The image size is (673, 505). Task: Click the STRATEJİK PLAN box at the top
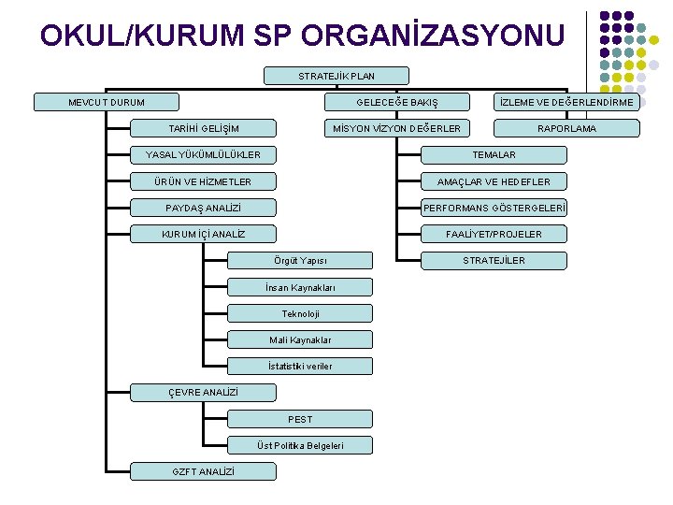[336, 76]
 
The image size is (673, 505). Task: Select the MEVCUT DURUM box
[107, 102]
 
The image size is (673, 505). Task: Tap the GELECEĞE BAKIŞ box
[396, 102]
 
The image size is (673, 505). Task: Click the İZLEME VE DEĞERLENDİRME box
[566, 102]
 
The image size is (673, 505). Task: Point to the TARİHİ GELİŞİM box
[204, 128]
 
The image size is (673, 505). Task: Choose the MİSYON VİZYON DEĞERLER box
[396, 128]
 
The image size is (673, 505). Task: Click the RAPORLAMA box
[566, 128]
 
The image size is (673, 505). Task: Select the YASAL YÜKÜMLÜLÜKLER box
[204, 154]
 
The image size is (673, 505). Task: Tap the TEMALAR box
[494, 154]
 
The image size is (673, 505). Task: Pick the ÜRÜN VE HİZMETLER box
[204, 181]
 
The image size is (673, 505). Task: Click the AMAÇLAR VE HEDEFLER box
[494, 181]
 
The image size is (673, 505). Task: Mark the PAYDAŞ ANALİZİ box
[204, 208]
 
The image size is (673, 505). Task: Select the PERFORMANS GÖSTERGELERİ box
[494, 208]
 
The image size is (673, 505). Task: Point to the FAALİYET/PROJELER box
[494, 234]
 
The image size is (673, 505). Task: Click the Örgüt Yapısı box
[300, 260]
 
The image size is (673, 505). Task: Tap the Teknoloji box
[300, 313]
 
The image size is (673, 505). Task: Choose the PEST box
[300, 419]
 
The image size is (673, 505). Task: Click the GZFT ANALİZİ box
[204, 471]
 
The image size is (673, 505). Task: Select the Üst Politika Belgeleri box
[300, 445]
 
